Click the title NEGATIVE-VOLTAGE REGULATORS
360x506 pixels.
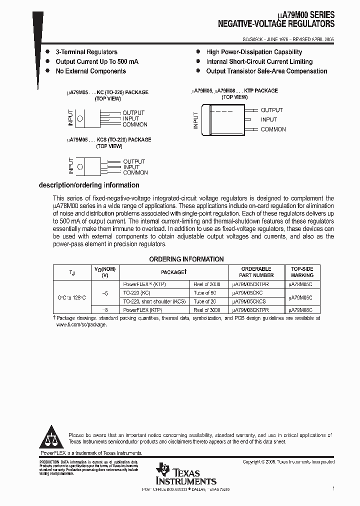pyautogui.click(x=276, y=23)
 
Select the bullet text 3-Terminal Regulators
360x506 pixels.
pyautogui.click(x=86, y=52)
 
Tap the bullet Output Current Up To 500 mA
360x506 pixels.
pyautogui.click(x=97, y=61)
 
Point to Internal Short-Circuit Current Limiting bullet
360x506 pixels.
pyautogui.click(x=259, y=61)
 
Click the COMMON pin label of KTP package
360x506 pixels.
pyautogui.click(x=273, y=129)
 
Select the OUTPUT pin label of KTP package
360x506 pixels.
pyautogui.click(x=271, y=110)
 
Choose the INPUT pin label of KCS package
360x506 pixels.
pyautogui.click(x=131, y=167)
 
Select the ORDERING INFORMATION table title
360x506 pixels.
pyautogui.click(x=186, y=259)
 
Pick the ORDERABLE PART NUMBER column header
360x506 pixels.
pyautogui.click(x=257, y=272)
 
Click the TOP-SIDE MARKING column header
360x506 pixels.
pyautogui.click(x=302, y=272)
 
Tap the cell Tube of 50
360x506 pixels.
pyautogui.click(x=205, y=292)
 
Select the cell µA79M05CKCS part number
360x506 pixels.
pyautogui.click(x=248, y=301)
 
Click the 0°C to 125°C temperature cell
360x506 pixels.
pyautogui.click(x=71, y=297)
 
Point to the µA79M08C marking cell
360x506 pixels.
pyautogui.click(x=300, y=310)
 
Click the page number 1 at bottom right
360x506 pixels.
pyautogui.click(x=333, y=488)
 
